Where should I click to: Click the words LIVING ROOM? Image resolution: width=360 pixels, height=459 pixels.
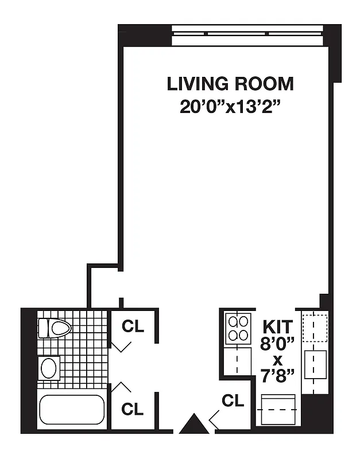230,84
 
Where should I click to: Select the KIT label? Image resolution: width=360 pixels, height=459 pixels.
278,327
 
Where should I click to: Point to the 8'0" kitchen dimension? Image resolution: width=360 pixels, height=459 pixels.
278,344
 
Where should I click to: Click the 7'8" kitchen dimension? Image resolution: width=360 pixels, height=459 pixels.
278,376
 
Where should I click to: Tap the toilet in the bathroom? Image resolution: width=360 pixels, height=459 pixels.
55,329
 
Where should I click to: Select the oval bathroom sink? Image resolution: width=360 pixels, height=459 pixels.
49,368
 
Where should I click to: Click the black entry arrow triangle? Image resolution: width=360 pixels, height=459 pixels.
191,424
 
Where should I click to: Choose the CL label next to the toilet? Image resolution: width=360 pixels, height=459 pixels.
133,326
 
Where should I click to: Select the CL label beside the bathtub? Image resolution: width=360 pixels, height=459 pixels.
133,409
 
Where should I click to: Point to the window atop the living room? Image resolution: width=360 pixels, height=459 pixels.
247,36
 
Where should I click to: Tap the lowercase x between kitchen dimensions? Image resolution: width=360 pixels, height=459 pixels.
278,360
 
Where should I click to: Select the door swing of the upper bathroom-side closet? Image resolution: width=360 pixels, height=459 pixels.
121,346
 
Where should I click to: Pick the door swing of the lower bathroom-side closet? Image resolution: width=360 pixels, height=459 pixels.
121,388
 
